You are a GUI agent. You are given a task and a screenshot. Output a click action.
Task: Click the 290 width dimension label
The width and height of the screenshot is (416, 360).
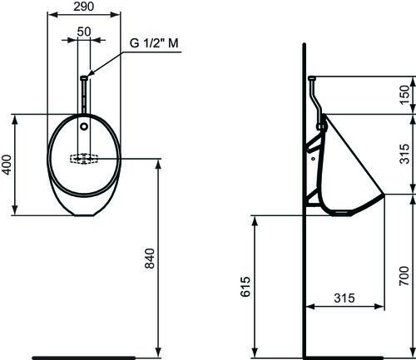click(84, 7)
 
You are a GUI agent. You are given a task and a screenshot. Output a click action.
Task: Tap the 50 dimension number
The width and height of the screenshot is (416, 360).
click(84, 32)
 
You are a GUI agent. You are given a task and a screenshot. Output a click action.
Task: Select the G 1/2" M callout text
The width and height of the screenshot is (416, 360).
click(154, 43)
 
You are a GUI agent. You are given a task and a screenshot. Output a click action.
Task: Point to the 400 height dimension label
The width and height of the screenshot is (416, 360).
click(7, 165)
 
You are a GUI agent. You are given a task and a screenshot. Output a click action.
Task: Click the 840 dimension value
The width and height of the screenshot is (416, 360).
click(150, 259)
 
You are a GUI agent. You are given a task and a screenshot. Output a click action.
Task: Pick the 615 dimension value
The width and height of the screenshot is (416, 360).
click(245, 287)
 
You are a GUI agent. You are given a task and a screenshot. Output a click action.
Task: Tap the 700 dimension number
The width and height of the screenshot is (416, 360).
click(404, 276)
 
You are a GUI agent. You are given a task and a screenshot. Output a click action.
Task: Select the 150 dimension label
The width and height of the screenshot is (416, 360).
click(405, 95)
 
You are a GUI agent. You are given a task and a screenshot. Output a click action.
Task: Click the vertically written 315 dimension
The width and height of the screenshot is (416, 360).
click(405, 154)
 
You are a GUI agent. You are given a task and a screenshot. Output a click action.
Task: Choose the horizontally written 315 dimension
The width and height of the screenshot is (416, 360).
click(344, 298)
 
